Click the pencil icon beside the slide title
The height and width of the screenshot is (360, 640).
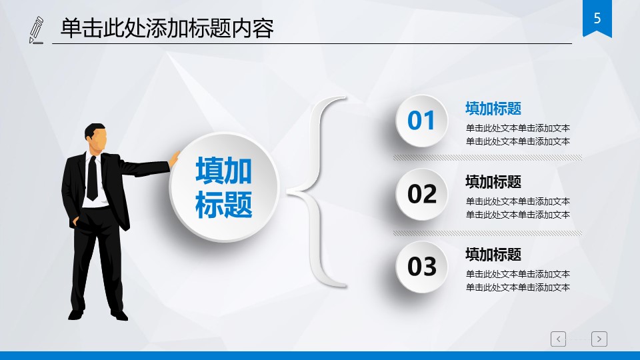click(36, 30)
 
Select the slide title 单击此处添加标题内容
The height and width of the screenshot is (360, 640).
click(167, 29)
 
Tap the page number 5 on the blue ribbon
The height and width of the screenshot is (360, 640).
click(597, 18)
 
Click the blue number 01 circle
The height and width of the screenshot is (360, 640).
click(421, 121)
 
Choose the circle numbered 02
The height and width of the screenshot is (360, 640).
click(421, 194)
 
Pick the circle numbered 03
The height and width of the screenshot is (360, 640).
click(421, 267)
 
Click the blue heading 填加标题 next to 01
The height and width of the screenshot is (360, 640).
click(493, 109)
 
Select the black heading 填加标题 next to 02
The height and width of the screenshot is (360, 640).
click(493, 181)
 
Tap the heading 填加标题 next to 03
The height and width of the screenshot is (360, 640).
click(493, 254)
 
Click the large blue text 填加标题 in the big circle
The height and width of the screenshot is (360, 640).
click(224, 187)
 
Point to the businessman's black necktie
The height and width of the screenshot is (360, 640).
click(92, 178)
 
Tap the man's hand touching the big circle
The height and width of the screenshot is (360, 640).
click(174, 159)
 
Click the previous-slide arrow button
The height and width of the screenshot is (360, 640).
click(558, 339)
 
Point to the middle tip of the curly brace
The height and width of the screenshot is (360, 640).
click(287, 191)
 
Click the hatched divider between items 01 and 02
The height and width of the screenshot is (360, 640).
click(488, 157)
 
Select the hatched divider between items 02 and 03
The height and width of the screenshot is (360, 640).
click(488, 233)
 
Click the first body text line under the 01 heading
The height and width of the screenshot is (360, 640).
click(517, 128)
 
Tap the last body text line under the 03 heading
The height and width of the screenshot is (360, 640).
click(517, 287)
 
